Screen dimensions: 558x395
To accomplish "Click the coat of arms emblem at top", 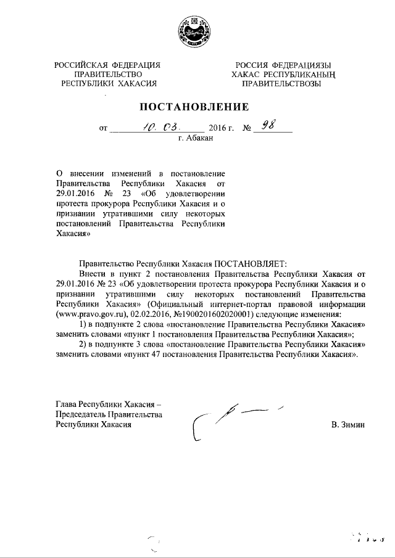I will click(197, 31).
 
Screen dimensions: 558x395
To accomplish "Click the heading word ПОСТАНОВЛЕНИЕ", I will click(197, 107).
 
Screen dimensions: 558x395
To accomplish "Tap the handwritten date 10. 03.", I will click(160, 127).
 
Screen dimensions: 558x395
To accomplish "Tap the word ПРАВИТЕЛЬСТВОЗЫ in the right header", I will click(281, 83).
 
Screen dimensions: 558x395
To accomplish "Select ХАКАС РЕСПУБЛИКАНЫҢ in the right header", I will click(281, 75).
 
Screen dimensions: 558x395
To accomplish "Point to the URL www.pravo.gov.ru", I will click(90, 313).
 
